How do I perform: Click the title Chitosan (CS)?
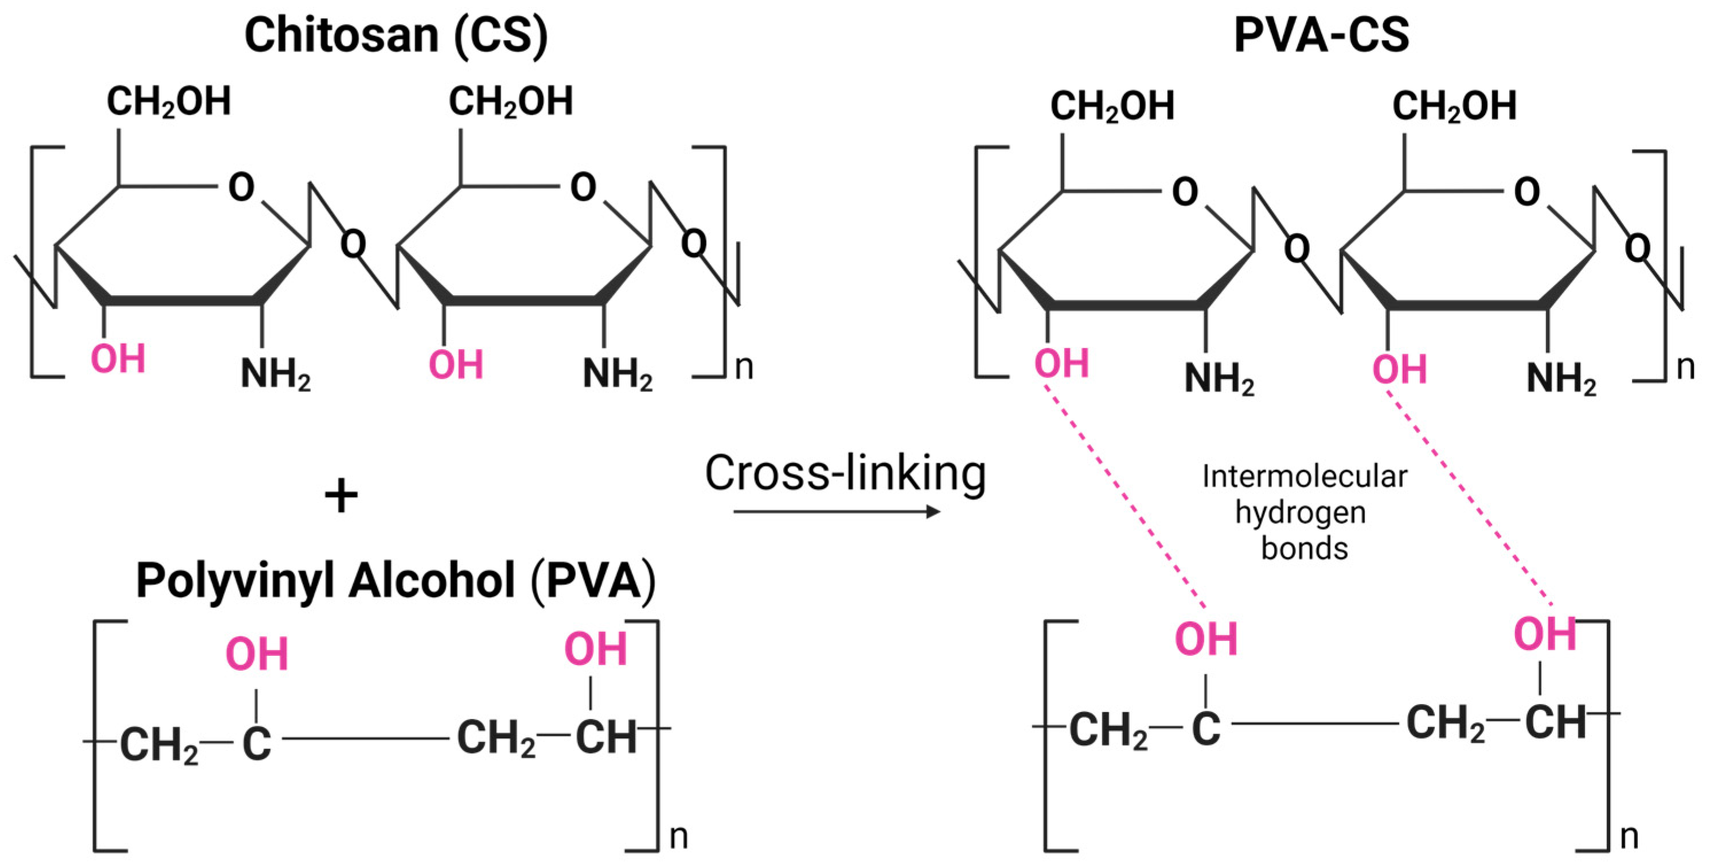coord(396,34)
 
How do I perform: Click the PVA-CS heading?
coord(1321,34)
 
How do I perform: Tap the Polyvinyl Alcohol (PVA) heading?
coord(396,581)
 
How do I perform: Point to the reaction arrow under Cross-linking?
coord(837,511)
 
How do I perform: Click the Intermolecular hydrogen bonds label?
coord(1304,513)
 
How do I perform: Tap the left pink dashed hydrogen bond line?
coord(1125,498)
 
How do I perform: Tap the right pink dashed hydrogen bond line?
coord(1469,498)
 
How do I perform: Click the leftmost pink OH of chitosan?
coord(118,359)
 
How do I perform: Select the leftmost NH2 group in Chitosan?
coord(275,374)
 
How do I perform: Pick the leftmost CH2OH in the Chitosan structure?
coord(169,102)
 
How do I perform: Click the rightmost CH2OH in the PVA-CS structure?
coord(1454,106)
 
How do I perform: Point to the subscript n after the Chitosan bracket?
coord(744,367)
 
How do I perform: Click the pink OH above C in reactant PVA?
coord(257,654)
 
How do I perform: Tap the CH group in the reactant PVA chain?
coord(606,737)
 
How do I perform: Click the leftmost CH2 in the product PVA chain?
coord(1107,730)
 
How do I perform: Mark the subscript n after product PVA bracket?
coord(1629,837)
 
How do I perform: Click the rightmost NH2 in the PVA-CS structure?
coord(1561,379)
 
